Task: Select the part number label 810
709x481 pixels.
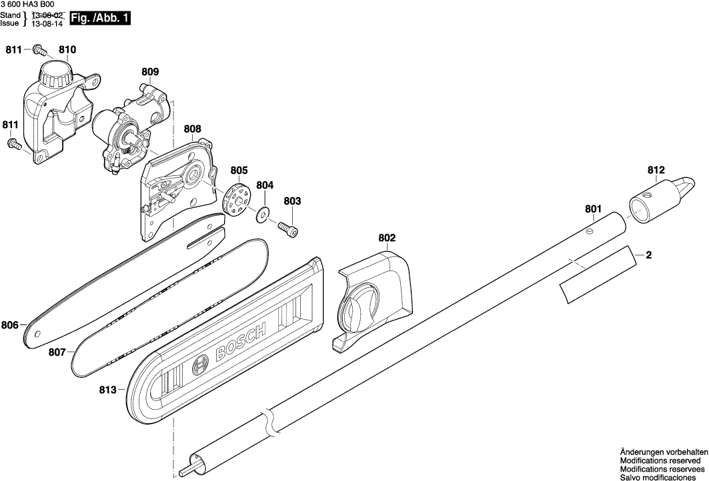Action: [67, 50]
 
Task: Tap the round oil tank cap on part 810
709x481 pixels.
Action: [55, 74]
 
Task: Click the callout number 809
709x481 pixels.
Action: [150, 71]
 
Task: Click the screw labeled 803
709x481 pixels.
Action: [289, 229]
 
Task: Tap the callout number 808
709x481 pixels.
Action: [192, 129]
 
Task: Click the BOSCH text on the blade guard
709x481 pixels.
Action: [241, 340]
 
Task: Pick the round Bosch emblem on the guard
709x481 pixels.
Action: [200, 365]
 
